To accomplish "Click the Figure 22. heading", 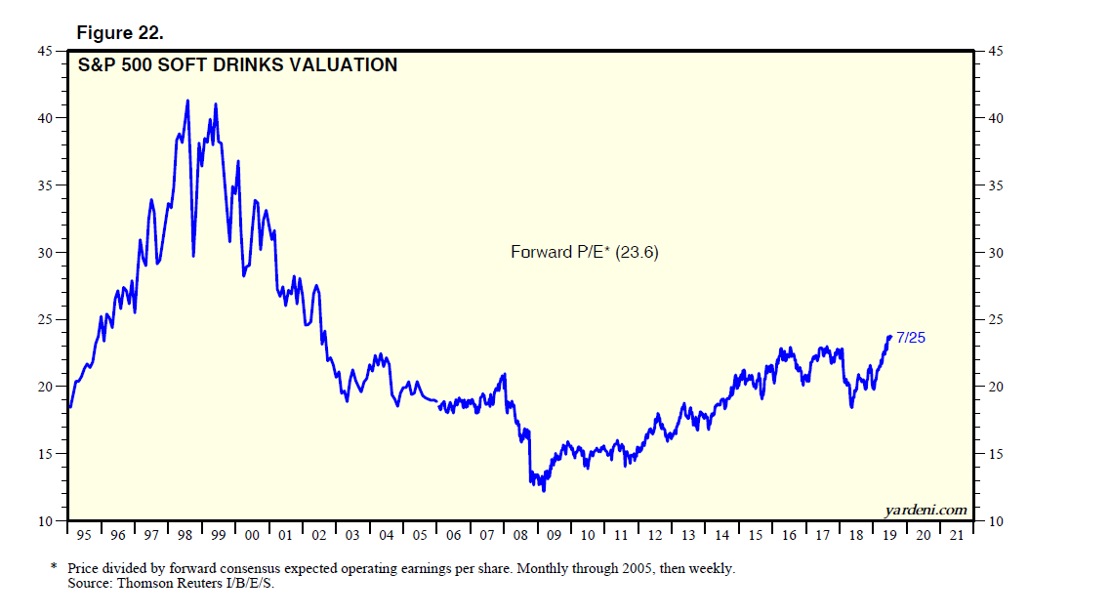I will point(120,33).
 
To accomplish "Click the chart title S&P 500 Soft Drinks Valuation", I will point(237,65).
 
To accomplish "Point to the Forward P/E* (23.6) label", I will point(585,252).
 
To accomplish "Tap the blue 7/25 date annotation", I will point(910,338).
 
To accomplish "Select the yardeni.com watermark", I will point(926,510).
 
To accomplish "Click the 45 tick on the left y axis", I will point(45,51).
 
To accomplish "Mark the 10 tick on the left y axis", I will point(45,521).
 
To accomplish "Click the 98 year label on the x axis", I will point(185,535).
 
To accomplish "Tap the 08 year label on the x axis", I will point(521,535).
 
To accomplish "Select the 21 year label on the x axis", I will point(957,535).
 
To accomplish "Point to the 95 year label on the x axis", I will point(85,535).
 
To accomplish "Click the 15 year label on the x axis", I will point(756,535).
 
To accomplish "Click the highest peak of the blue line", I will point(187,101).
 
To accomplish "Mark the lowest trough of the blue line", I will point(543,489).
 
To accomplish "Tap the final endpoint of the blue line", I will point(890,337).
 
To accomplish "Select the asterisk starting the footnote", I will point(54,567).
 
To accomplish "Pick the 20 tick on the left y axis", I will point(45,388).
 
